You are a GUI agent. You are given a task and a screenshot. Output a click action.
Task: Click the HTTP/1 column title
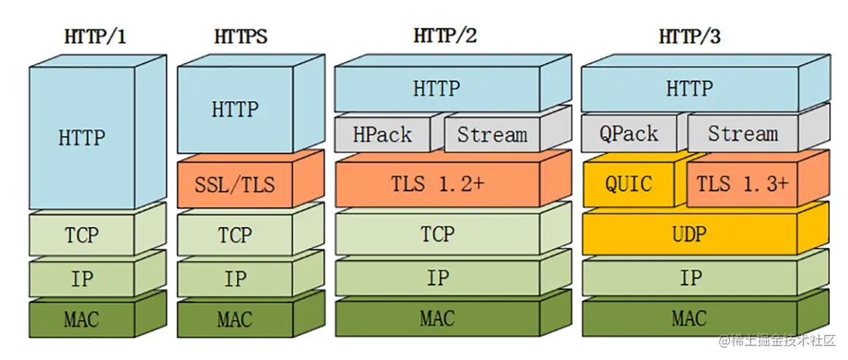95,37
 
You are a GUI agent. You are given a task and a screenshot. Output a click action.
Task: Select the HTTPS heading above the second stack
240,37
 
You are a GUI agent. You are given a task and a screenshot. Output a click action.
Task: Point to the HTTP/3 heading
689,37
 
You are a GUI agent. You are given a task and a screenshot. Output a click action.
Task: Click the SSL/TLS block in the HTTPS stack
234,184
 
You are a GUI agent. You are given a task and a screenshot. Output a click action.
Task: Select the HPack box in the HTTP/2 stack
381,135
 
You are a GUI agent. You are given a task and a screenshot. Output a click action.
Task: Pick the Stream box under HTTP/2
492,135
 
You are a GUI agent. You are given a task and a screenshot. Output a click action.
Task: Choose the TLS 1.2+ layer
437,184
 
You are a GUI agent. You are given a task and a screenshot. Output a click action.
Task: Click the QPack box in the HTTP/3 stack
629,135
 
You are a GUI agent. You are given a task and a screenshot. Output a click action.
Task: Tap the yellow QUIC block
629,184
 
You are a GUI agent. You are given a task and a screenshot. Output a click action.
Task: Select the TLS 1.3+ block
742,184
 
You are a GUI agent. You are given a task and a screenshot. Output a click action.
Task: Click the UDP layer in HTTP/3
689,234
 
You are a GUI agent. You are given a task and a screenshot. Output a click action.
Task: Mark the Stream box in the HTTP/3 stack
743,135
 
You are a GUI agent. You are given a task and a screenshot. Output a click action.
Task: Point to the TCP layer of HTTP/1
81,235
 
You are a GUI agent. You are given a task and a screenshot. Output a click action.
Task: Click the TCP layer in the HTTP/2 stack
437,234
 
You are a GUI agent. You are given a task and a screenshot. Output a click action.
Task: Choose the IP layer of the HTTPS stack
234,279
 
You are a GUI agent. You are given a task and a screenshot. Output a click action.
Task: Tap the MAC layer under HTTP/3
689,319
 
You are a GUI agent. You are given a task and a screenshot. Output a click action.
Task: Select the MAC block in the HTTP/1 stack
81,320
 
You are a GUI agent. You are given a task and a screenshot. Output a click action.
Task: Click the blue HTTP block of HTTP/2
437,89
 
